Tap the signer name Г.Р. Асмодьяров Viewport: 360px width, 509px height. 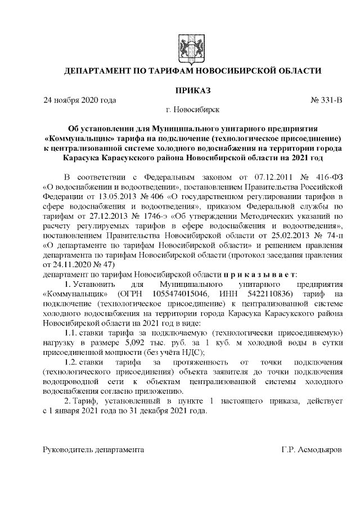[x=312, y=451]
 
